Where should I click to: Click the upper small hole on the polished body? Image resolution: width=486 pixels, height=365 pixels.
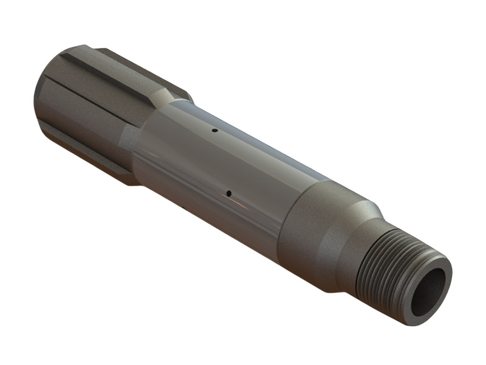214,130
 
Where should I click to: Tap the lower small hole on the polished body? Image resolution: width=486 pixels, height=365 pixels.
228,194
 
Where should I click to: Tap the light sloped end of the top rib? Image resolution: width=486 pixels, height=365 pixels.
164,94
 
